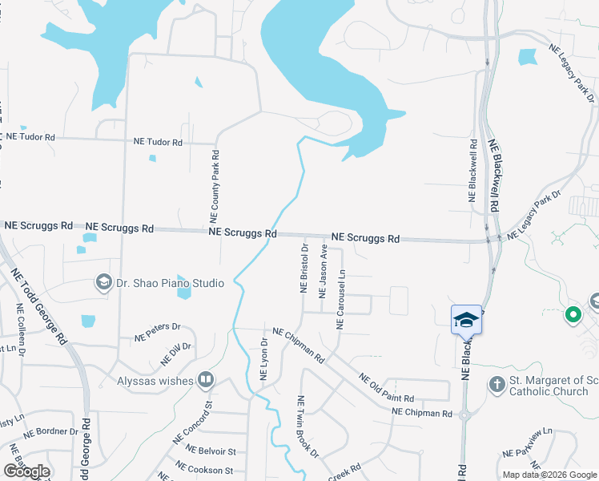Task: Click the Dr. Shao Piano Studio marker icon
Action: (103, 282)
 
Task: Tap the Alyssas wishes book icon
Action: (206, 380)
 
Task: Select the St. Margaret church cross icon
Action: (496, 385)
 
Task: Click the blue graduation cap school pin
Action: (466, 321)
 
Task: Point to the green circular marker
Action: (573, 315)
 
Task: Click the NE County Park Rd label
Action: (215, 185)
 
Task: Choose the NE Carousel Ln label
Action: (340, 299)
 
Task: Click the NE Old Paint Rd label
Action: (386, 388)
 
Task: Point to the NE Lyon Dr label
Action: (263, 358)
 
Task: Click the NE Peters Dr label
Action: (158, 333)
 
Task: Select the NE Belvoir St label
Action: (207, 452)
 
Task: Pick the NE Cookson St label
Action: (204, 468)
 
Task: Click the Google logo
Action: (26, 471)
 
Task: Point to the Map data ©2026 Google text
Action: (549, 475)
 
